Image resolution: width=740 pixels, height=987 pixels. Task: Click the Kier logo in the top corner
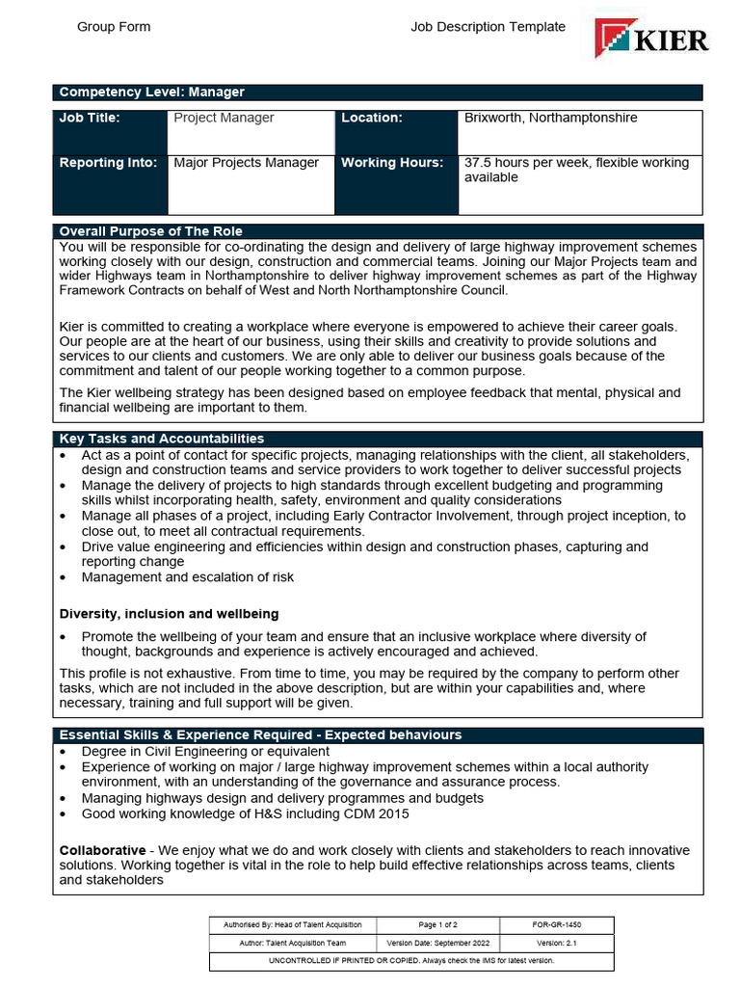point(652,39)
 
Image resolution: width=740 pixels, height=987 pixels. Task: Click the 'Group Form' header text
point(114,27)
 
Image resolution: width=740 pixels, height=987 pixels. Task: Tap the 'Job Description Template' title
point(488,27)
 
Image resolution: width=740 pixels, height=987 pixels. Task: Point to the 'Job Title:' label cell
point(90,118)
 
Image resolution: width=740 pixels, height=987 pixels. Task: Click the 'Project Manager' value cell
point(224,118)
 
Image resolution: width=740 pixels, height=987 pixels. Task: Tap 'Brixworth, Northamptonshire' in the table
point(550,118)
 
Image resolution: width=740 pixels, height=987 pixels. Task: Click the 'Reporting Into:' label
point(108,163)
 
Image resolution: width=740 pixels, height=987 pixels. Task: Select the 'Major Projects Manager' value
point(246,163)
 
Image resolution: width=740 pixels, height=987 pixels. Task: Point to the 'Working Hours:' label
point(392,163)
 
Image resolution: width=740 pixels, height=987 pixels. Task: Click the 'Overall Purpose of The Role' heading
point(151,231)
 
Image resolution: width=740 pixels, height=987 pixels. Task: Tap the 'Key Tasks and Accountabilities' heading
point(162,439)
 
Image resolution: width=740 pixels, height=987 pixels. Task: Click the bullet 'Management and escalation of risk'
point(188,577)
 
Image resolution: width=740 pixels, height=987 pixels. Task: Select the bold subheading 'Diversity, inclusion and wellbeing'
point(170,613)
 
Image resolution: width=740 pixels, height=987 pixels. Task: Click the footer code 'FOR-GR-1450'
point(556,925)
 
